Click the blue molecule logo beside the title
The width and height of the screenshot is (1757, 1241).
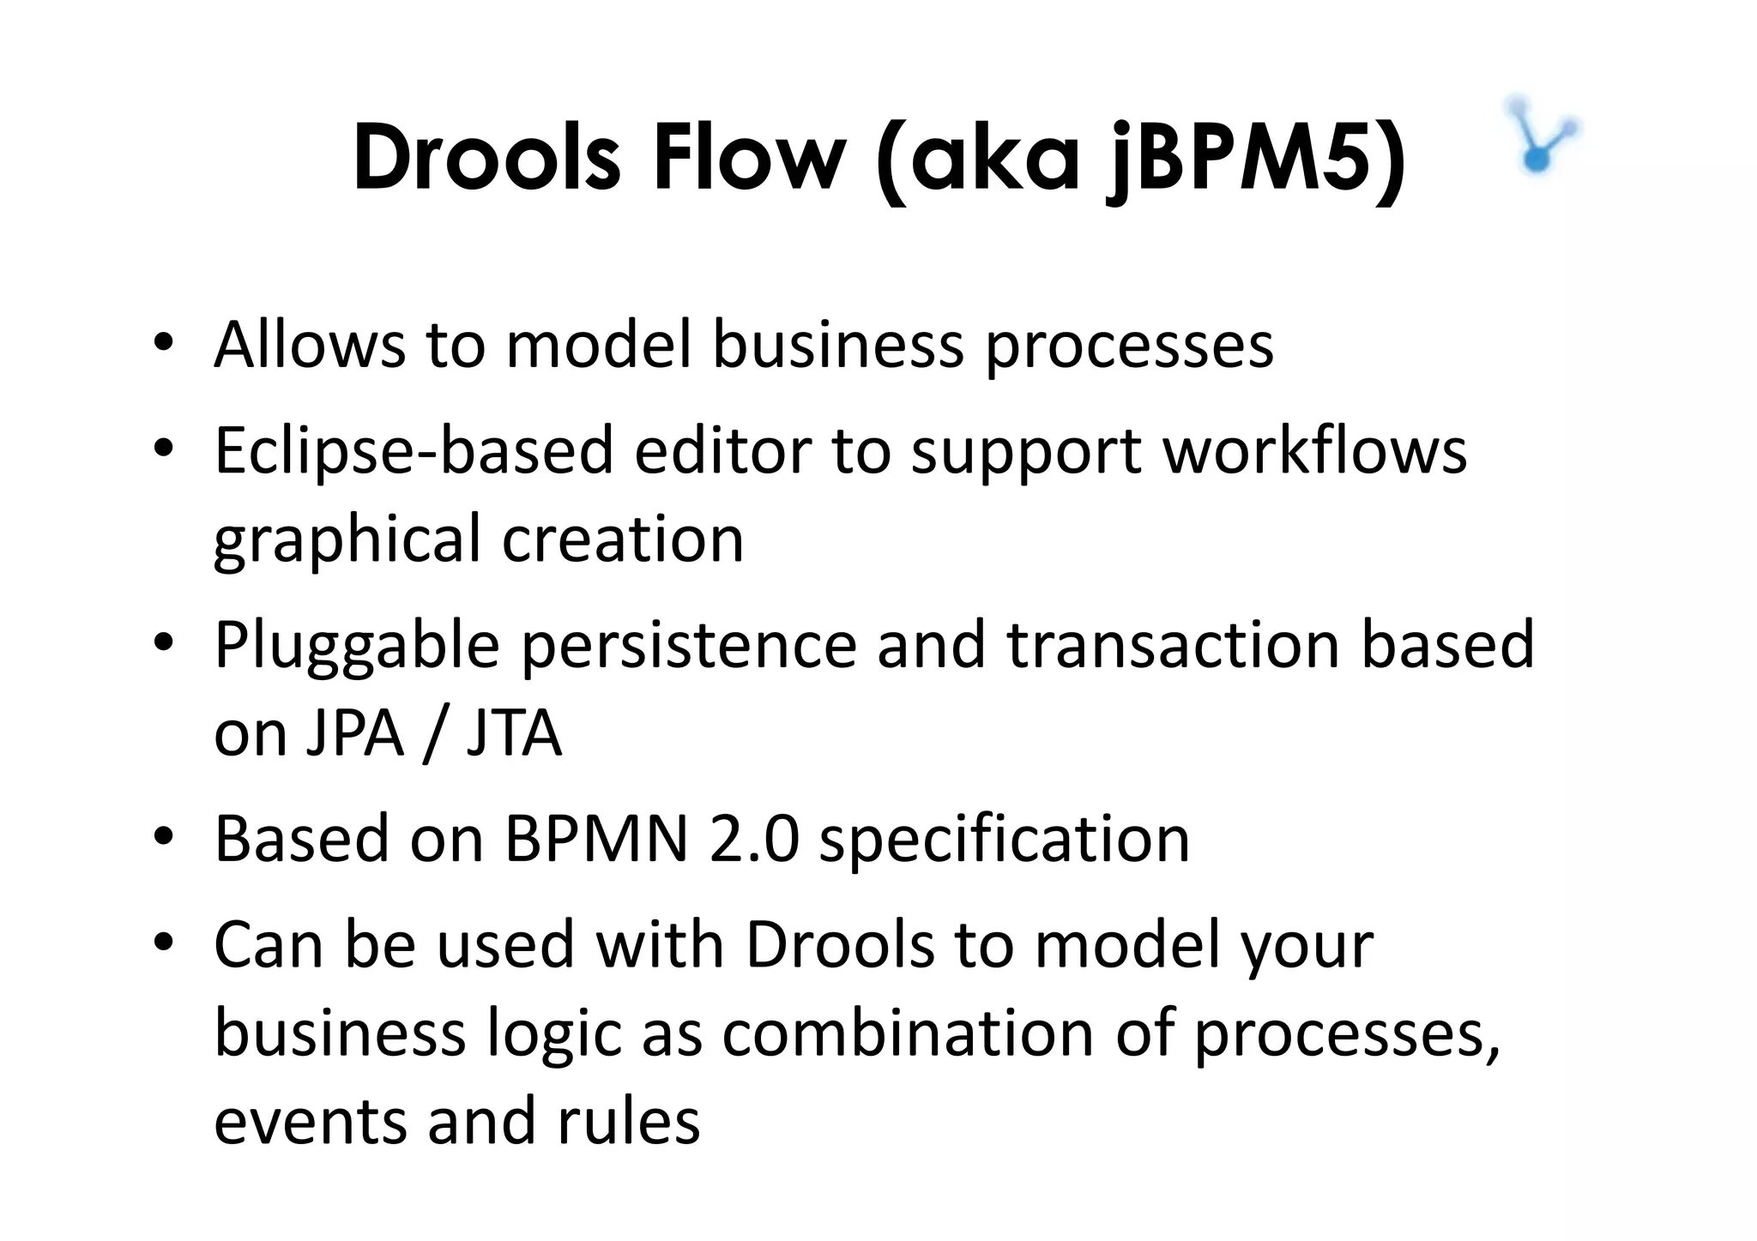click(x=1542, y=136)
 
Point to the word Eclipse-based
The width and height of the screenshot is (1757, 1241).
click(x=414, y=452)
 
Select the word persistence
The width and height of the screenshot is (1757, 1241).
click(x=689, y=645)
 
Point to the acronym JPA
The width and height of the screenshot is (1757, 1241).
click(x=353, y=734)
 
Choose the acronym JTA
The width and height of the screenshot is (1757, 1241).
click(x=514, y=734)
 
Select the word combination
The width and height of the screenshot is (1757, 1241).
click(x=908, y=1033)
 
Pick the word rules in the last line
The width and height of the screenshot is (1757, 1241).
click(x=629, y=1121)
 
